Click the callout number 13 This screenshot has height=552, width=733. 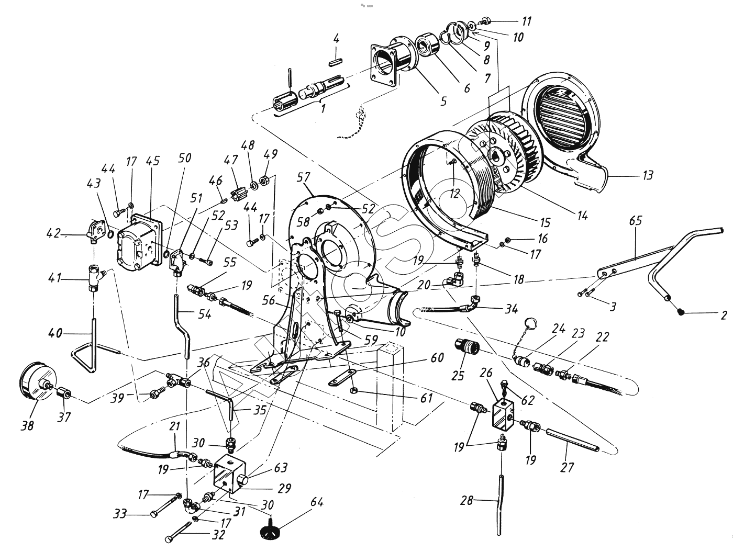click(x=648, y=175)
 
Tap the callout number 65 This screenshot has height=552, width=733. click(x=635, y=221)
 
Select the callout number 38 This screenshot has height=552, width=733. click(x=27, y=426)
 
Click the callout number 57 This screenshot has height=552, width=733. click(x=303, y=178)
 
